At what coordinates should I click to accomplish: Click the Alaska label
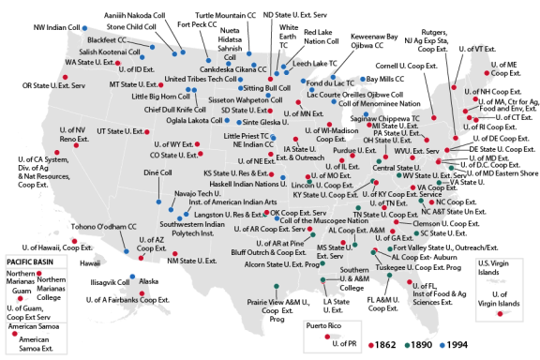coord(149,281)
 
